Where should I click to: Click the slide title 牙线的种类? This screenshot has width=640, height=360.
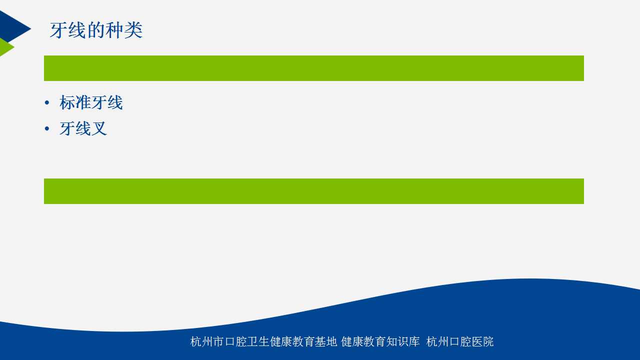[x=96, y=30]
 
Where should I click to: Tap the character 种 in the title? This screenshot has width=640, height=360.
[x=114, y=30]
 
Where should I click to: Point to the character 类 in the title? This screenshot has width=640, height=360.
[x=133, y=30]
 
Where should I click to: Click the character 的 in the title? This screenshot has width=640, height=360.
[x=96, y=30]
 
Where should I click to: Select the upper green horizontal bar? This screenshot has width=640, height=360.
[x=313, y=68]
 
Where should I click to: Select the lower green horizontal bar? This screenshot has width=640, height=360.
[x=313, y=191]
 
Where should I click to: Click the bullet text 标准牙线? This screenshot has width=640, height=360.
[x=91, y=102]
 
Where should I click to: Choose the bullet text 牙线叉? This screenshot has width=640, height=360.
[x=83, y=128]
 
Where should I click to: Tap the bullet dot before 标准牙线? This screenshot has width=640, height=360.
[x=47, y=103]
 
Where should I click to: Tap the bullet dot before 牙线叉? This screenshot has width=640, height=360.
[x=47, y=129]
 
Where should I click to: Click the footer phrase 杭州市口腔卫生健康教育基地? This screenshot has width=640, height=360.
[x=263, y=341]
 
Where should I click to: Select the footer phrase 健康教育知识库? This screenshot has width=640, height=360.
[x=380, y=341]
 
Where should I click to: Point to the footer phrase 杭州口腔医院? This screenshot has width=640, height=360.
[x=459, y=341]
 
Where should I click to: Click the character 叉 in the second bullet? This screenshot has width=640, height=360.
[x=99, y=128]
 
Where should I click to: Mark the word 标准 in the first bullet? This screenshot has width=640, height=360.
[x=75, y=102]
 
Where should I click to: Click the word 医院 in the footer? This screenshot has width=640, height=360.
[x=482, y=341]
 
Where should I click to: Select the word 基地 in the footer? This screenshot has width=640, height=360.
[x=326, y=341]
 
